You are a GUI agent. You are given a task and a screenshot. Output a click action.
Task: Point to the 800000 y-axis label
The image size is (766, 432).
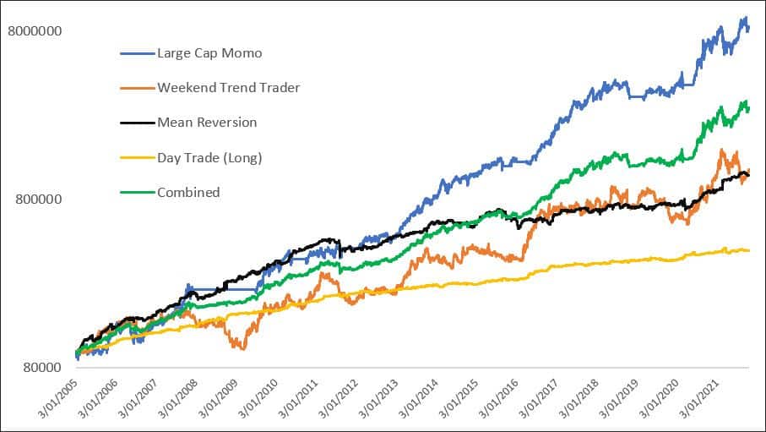pyautogui.click(x=39, y=200)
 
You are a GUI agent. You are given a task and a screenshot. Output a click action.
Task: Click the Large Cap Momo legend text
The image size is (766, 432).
pyautogui.click(x=209, y=53)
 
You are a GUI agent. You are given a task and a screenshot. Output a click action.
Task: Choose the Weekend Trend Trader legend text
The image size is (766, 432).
pyautogui.click(x=228, y=88)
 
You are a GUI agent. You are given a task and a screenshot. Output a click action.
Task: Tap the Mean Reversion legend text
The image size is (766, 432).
pyautogui.click(x=207, y=123)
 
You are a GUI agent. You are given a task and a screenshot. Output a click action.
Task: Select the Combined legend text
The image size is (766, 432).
pyautogui.click(x=188, y=192)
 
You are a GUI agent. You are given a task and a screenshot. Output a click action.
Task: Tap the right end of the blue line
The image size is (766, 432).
pyautogui.click(x=749, y=28)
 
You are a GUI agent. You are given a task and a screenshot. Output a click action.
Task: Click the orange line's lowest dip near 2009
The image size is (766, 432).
pyautogui.click(x=242, y=348)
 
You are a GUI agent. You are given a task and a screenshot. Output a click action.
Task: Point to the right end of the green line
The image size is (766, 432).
pyautogui.click(x=749, y=108)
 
